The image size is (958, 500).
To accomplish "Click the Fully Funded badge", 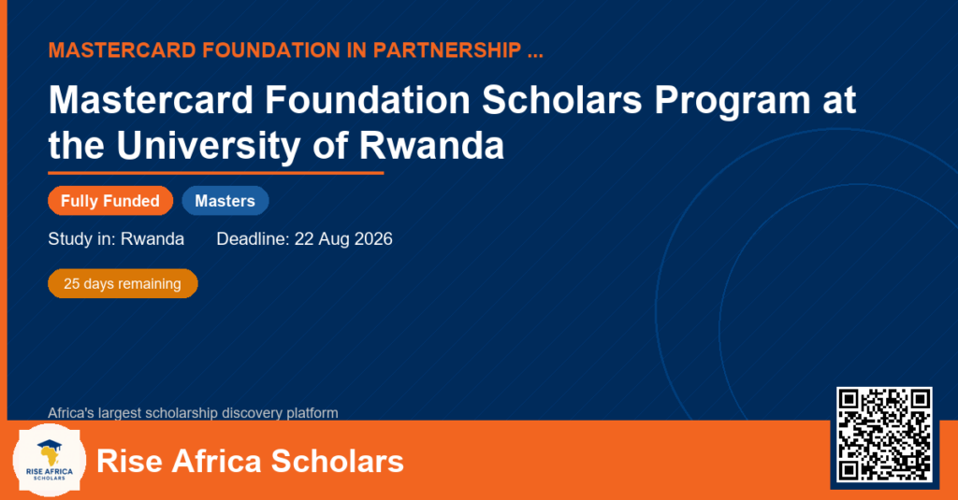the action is click(110, 201).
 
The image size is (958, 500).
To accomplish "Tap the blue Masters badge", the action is click(225, 201).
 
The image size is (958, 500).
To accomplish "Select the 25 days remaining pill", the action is click(123, 284).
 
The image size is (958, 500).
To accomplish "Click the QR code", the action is click(884, 435).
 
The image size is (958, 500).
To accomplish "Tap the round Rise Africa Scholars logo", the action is click(50, 460).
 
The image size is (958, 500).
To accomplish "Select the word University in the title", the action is click(209, 147).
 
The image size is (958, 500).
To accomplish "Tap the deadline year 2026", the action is click(373, 238).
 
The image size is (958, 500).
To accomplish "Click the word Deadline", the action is click(253, 238).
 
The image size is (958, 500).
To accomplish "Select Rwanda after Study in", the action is click(152, 238).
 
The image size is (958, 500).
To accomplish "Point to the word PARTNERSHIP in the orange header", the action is click(446, 50).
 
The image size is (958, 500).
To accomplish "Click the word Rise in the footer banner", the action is click(129, 461).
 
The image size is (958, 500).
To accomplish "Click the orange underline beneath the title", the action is click(216, 173).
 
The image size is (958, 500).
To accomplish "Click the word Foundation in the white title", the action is click(367, 99).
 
